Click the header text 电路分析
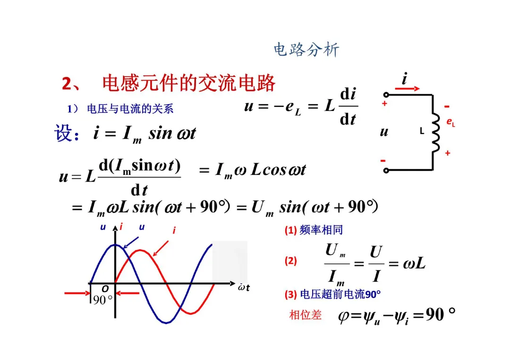point(306,50)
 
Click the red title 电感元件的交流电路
point(189,84)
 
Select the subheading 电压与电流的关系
point(130,109)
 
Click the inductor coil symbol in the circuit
point(434,133)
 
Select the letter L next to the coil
point(423,132)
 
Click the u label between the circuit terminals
point(384,132)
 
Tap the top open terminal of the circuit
point(386,95)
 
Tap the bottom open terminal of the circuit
point(386,170)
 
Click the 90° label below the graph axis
point(102,300)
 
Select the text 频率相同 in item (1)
point(321,230)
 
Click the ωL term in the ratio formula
point(414,263)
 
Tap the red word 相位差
point(305,315)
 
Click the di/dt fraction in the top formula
point(348,107)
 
